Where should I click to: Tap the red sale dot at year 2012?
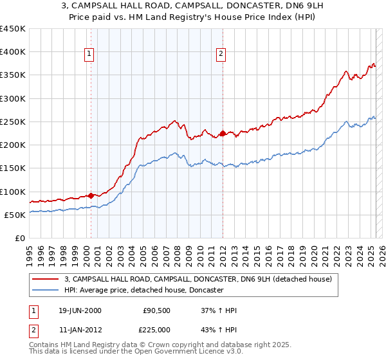(223, 134)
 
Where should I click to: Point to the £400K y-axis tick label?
(13, 52)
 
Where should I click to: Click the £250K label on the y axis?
(13, 122)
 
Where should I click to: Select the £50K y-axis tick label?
(15, 215)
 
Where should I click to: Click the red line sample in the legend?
(45, 280)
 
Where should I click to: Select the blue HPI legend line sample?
(45, 291)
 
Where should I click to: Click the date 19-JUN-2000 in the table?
(80, 310)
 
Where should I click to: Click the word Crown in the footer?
(149, 345)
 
